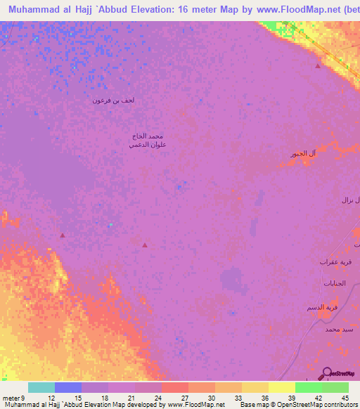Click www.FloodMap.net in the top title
click(x=281, y=10)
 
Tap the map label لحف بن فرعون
click(x=113, y=100)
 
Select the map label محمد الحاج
click(x=147, y=135)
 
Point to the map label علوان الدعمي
click(x=147, y=144)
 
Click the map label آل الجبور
click(x=303, y=154)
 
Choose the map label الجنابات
click(x=334, y=283)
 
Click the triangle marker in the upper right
click(x=318, y=66)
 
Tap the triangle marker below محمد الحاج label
click(x=145, y=245)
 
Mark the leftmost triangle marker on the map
click(x=63, y=235)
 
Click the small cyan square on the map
click(x=110, y=225)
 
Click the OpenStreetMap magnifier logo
click(x=327, y=372)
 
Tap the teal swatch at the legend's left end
click(x=41, y=387)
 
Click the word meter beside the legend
click(x=12, y=380)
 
